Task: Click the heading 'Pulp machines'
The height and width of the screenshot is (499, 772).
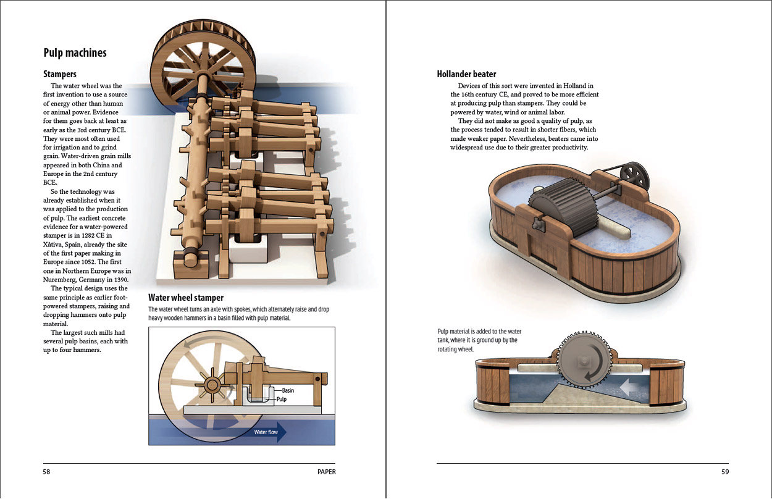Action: (75, 52)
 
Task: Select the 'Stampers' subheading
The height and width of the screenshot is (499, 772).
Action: (60, 74)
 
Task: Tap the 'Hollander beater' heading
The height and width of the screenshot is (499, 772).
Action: (466, 74)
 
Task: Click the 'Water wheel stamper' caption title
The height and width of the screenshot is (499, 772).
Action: (186, 298)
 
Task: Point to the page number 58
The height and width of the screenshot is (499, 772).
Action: (46, 472)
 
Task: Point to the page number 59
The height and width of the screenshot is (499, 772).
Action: (725, 472)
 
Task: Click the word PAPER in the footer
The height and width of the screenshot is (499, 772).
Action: (326, 472)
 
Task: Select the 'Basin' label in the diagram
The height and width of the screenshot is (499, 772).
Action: (288, 390)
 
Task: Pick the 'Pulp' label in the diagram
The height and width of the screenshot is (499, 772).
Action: (282, 399)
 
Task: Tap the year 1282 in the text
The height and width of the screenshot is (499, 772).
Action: (88, 236)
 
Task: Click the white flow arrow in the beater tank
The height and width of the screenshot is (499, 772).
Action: (629, 387)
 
